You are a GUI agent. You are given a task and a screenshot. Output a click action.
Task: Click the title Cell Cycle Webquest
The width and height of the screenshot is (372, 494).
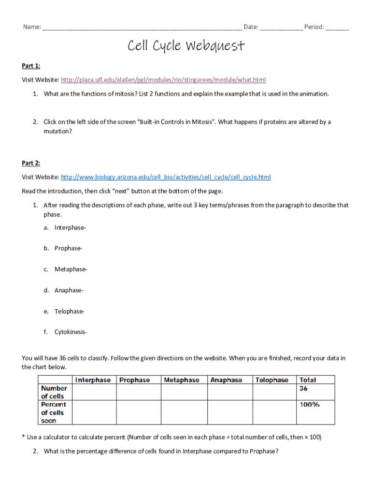186,46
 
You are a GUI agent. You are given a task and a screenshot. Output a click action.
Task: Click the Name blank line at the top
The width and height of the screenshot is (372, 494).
142,27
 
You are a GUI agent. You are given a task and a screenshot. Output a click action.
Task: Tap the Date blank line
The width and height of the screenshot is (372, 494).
282,27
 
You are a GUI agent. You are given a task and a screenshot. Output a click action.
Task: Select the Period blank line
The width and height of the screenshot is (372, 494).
337,27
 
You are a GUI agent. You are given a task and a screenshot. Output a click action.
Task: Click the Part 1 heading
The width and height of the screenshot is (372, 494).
31,66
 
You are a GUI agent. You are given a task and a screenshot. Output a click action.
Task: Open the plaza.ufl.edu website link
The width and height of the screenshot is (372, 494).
164,80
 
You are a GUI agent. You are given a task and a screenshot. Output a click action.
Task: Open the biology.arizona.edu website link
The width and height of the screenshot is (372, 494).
166,177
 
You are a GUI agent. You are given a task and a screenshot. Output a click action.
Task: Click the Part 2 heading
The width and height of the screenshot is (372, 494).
31,163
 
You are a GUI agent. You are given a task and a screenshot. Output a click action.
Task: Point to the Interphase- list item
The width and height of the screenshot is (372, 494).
71,227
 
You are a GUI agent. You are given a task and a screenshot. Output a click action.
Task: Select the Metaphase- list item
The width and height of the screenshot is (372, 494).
71,269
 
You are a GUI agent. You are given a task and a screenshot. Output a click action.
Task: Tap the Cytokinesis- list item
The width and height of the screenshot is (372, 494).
71,332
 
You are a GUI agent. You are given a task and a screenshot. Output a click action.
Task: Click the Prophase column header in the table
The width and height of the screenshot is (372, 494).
135,380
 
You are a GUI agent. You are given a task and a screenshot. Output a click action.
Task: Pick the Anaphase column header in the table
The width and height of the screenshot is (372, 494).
226,380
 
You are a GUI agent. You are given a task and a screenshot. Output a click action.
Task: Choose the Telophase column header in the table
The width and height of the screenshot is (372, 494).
272,380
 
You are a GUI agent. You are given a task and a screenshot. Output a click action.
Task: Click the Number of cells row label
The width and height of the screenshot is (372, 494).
54,392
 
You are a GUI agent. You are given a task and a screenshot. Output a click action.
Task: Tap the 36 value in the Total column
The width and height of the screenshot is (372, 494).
304,388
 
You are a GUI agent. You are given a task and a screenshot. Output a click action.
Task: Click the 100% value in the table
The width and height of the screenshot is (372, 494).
310,405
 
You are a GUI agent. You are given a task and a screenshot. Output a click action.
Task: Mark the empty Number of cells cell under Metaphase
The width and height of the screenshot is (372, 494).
184,392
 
